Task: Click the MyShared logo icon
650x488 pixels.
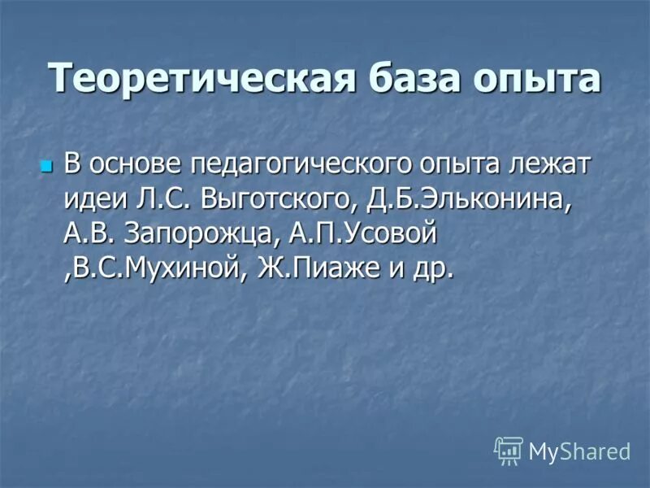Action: click(x=508, y=450)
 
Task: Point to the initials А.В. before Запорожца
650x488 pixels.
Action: click(x=89, y=234)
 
